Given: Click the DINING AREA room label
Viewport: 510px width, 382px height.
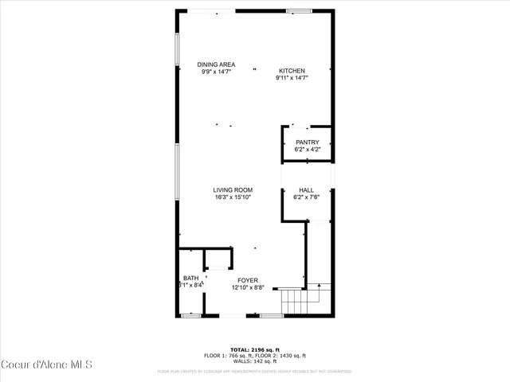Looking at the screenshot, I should click(216, 64).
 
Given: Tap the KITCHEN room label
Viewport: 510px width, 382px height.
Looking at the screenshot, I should click(292, 71).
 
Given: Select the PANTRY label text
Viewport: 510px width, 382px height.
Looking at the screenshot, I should click(307, 142).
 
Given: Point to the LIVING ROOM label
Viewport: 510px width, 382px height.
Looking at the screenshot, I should click(233, 190).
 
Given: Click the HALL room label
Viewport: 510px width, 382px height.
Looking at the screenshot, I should click(306, 190).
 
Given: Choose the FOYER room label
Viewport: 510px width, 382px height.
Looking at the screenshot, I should click(248, 281).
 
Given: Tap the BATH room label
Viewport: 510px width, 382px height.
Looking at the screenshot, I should click(190, 278).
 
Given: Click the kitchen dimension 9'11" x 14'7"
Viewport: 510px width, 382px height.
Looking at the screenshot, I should click(292, 78).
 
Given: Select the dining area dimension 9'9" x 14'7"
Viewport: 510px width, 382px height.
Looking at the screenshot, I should click(216, 72).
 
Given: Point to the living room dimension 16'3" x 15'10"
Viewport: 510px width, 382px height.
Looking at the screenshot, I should click(233, 197).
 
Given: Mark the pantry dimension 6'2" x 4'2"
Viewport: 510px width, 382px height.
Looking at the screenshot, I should click(307, 150).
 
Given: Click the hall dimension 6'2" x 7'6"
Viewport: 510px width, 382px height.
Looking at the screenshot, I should click(306, 197).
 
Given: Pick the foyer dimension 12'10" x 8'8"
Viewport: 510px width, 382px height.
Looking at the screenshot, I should click(248, 288).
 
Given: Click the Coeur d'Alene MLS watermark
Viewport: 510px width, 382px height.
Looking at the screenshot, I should click(47, 364).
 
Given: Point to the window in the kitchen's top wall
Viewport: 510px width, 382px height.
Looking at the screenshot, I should click(299, 10).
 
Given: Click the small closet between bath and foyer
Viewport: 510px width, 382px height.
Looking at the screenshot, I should click(218, 259).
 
